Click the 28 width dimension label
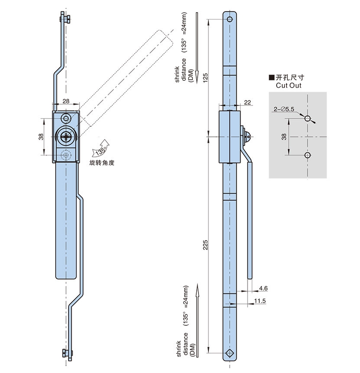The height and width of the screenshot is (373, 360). point(66,101)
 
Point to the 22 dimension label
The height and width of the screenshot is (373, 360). point(248,102)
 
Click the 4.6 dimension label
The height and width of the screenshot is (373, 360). point(263,288)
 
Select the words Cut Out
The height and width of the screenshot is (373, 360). point(288,85)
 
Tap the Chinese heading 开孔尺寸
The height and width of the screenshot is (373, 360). point(291,77)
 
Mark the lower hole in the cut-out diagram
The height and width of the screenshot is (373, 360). point(307,155)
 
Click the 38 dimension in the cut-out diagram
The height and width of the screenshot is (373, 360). point(284,137)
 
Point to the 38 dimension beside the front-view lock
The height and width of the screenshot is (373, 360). point(41,136)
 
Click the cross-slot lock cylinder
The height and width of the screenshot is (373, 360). point(66,137)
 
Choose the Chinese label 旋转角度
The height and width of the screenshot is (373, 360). point(101,163)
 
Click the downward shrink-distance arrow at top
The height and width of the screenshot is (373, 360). point(197,48)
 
